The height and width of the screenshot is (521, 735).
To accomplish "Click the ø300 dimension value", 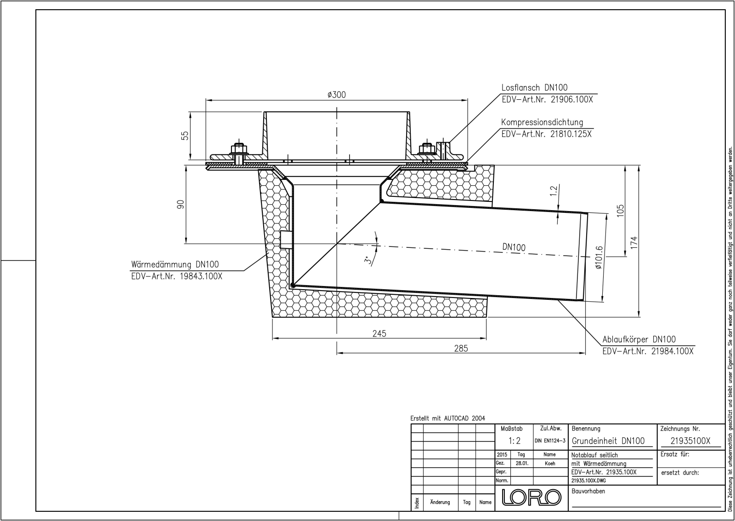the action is pos(336,95).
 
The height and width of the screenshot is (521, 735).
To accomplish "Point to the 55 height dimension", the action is pos(186,136).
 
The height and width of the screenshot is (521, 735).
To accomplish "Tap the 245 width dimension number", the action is pos(379,333).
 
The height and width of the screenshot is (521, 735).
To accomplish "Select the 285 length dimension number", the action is pos(461,349).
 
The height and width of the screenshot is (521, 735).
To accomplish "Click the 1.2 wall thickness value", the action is pos(554,191).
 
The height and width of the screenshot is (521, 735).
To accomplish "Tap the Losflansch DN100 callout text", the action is pos(535,88).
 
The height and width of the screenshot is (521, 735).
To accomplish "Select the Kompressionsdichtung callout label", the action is pos(542,122).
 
